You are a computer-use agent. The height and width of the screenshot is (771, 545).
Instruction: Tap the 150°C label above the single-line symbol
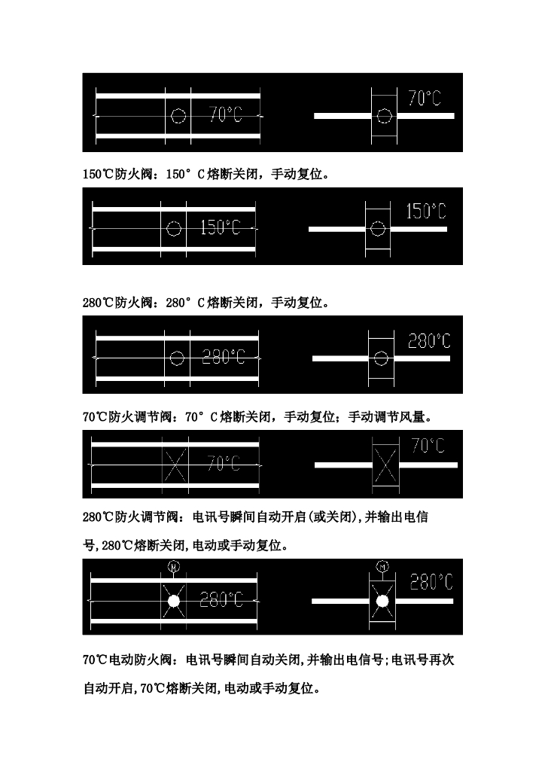(426, 212)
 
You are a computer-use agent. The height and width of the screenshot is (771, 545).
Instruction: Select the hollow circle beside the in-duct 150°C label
(174, 227)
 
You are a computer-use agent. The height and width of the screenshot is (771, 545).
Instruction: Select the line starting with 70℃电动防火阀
(268, 660)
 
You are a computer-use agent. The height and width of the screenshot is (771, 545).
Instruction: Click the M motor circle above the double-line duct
(173, 565)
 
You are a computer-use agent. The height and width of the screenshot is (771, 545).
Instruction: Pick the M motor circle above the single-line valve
(382, 566)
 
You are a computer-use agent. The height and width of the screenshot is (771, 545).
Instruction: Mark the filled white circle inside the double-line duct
(174, 601)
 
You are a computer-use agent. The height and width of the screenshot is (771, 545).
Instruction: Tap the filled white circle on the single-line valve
(382, 602)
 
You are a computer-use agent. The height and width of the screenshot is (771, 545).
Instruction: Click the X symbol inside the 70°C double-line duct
(175, 465)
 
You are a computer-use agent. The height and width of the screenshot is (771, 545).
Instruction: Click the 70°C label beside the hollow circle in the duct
(227, 115)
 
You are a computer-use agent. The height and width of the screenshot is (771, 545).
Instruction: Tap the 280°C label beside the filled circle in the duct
(222, 601)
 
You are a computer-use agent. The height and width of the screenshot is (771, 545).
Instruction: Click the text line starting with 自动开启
(202, 688)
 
